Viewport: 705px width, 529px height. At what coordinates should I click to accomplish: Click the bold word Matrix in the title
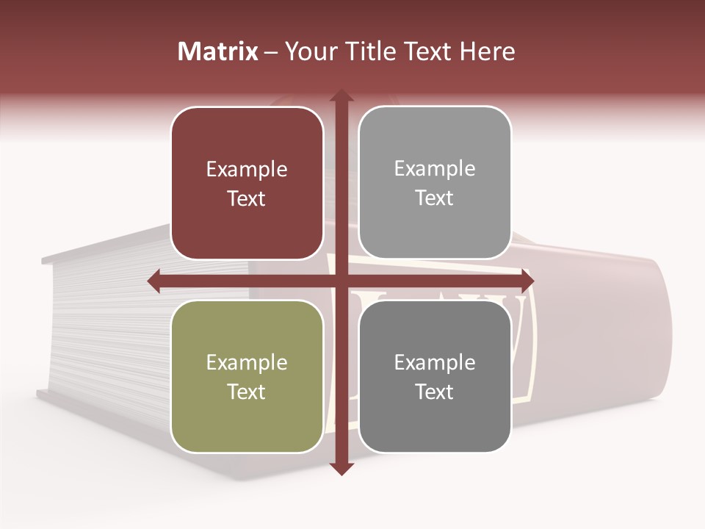coord(218,51)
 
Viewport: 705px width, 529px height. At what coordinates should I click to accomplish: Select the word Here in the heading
coord(487,51)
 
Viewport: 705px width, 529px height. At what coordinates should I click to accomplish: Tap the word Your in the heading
coord(306,51)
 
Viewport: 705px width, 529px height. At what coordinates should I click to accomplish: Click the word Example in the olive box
coord(247,363)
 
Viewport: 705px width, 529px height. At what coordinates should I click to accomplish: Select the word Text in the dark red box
coord(247,199)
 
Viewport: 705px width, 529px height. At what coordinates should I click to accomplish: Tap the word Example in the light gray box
coord(435,169)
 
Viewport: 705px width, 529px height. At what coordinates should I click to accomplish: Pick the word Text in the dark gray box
coord(435,392)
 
